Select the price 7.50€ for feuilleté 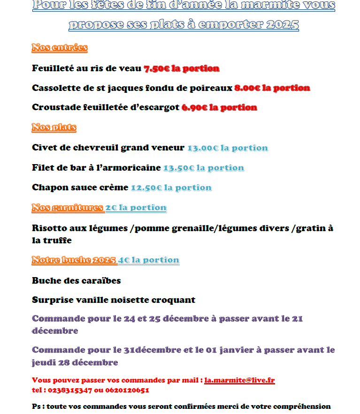click(x=156, y=68)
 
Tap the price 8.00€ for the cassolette click(x=247, y=88)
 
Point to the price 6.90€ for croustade click(x=194, y=107)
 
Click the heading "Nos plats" click(x=54, y=127)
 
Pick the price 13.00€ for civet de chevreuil click(x=203, y=148)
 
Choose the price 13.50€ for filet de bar click(x=178, y=168)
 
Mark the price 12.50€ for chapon click(x=146, y=188)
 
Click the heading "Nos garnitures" click(x=68, y=207)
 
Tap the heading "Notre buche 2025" click(x=74, y=260)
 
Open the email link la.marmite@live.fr click(x=239, y=380)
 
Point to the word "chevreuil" click(x=96, y=148)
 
